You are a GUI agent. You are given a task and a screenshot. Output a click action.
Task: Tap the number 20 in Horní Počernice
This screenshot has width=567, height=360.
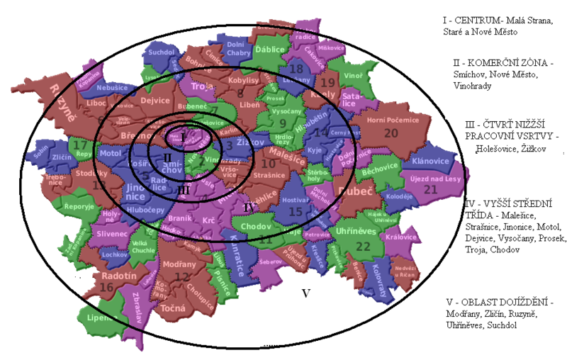click(x=391, y=133)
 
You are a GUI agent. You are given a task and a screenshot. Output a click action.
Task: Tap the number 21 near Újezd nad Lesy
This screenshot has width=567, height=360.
click(x=430, y=190)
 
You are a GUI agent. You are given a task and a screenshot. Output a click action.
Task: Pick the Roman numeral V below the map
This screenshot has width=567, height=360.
click(x=306, y=293)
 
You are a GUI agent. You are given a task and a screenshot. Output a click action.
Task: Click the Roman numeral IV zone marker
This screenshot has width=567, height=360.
click(x=247, y=208)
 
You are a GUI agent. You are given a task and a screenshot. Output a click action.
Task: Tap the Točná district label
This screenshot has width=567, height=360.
click(x=173, y=308)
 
